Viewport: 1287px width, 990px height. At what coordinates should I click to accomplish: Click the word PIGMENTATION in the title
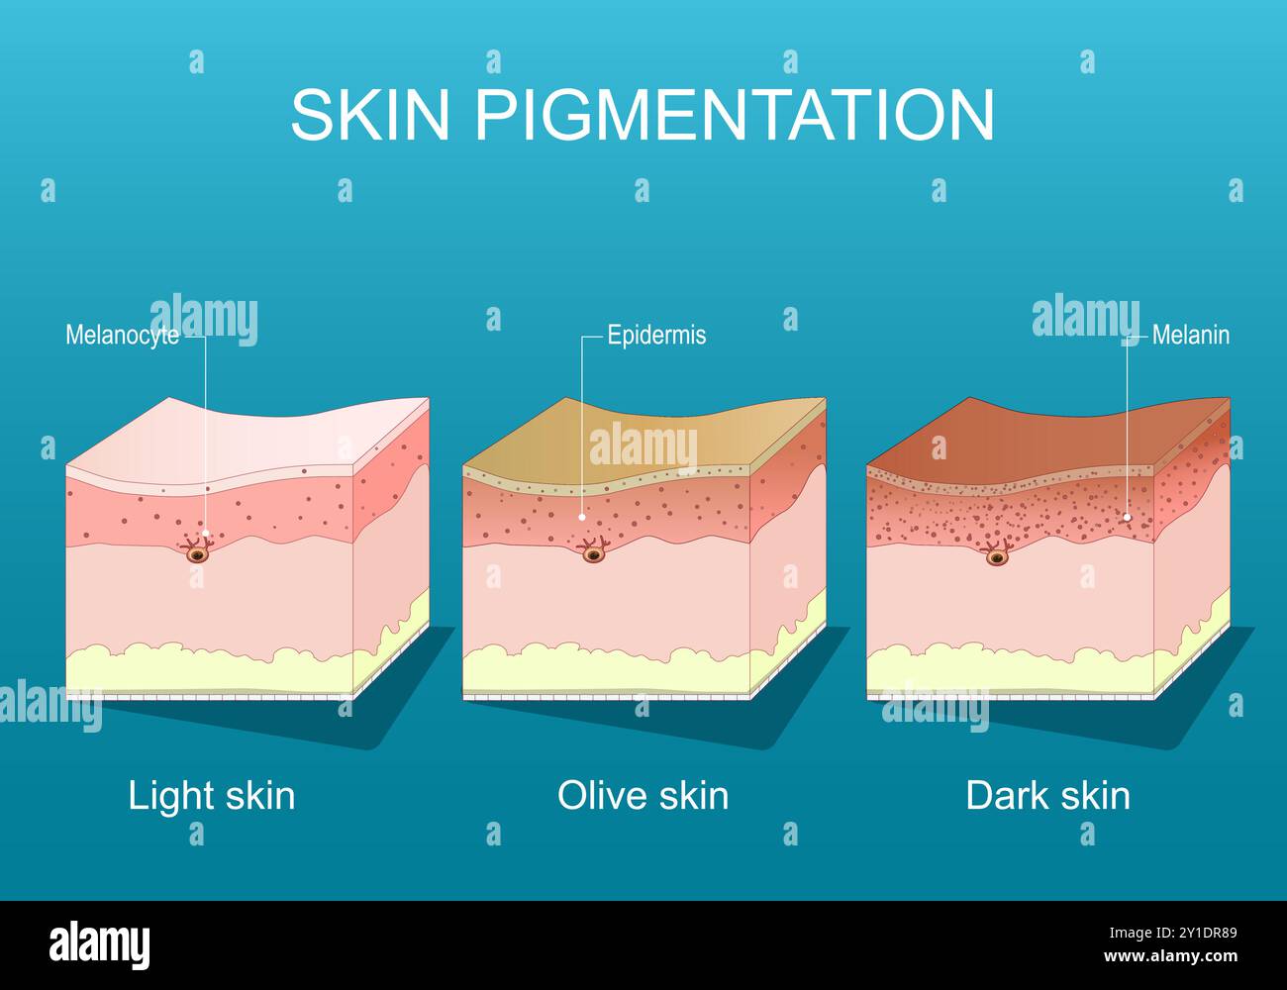(735, 115)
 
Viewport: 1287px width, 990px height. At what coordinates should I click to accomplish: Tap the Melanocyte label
(122, 336)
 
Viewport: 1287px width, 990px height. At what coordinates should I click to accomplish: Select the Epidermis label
(656, 336)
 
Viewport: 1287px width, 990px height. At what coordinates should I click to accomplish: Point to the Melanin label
(1190, 336)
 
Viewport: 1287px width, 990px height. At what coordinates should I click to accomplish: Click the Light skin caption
(211, 796)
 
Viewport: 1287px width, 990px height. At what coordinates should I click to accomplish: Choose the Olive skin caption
(643, 796)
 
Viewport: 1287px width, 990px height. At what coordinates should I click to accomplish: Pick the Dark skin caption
(1047, 796)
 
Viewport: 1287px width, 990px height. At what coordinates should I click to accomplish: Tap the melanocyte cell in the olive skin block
(594, 554)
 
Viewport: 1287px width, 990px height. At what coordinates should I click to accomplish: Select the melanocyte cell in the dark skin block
(996, 558)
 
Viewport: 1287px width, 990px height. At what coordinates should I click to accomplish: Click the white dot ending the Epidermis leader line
(582, 516)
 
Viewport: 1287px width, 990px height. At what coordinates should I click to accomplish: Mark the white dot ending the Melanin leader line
(1127, 517)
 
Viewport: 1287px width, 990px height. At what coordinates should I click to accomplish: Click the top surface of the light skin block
(247, 436)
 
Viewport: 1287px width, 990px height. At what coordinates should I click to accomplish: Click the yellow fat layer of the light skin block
(208, 668)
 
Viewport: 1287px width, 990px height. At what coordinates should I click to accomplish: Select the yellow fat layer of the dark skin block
(1010, 668)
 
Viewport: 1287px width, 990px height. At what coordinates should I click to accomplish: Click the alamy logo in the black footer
(99, 945)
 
